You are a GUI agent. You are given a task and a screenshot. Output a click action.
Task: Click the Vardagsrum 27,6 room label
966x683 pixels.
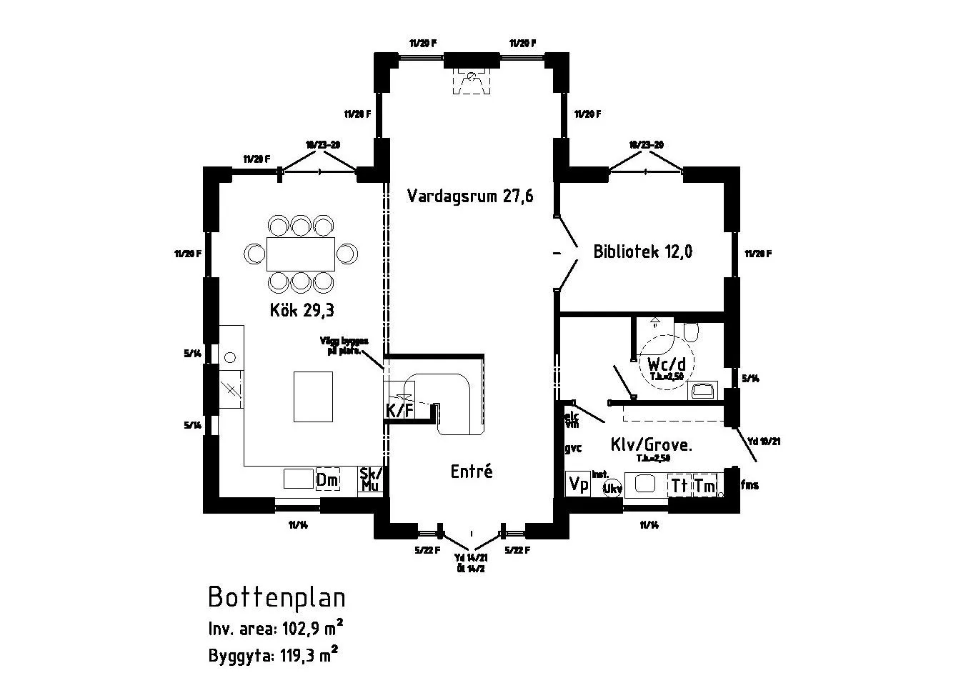pyautogui.click(x=470, y=196)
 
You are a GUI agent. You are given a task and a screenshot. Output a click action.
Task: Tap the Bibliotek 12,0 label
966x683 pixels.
pyautogui.click(x=642, y=251)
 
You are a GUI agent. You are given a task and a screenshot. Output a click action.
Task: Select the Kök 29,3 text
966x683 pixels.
pyautogui.click(x=302, y=310)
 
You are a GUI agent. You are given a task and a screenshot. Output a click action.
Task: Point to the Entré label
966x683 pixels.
pyautogui.click(x=472, y=472)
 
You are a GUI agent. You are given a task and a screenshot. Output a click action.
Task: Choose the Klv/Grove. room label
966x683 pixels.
pyautogui.click(x=651, y=444)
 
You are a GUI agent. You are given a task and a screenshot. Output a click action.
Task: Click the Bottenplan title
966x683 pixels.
pyautogui.click(x=277, y=597)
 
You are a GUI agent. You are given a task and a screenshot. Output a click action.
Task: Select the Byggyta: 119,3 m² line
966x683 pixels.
pyautogui.click(x=273, y=654)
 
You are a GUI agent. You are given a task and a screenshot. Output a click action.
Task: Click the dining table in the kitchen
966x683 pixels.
pyautogui.click(x=301, y=254)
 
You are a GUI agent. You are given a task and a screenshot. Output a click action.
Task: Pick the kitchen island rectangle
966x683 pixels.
pyautogui.click(x=313, y=397)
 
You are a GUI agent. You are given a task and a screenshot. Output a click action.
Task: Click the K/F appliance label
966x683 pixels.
pyautogui.click(x=399, y=410)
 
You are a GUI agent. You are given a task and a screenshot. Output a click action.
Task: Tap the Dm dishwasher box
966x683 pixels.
pyautogui.click(x=327, y=480)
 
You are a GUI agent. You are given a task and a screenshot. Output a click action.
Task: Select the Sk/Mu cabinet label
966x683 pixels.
pyautogui.click(x=371, y=479)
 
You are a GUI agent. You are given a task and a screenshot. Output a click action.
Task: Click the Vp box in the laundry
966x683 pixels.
pyautogui.click(x=577, y=484)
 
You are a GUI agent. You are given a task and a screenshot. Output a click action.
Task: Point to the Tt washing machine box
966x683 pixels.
pyautogui.click(x=679, y=485)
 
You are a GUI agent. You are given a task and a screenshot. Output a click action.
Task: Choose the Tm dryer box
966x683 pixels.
pyautogui.click(x=704, y=485)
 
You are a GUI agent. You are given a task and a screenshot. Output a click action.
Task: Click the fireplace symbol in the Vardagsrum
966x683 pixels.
pyautogui.click(x=471, y=82)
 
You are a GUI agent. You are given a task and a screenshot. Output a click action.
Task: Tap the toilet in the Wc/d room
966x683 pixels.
pyautogui.click(x=690, y=332)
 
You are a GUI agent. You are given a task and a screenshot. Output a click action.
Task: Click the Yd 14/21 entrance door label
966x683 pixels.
pyautogui.click(x=471, y=557)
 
